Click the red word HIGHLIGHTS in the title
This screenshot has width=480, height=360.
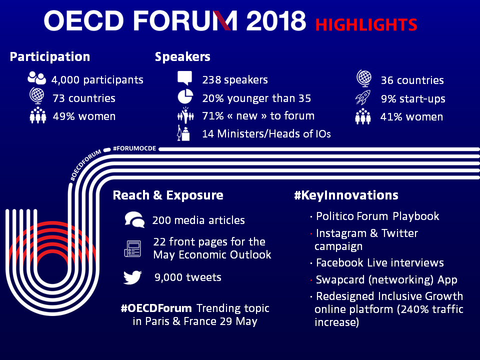366,25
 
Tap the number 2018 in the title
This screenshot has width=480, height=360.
276,21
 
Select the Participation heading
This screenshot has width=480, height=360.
50,57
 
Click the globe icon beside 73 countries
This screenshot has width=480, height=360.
37,95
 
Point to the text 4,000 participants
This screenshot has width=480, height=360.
97,80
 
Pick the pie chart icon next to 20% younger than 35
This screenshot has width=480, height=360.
185,96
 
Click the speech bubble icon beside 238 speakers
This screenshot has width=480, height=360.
185,78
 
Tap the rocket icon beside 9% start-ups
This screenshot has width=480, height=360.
363,97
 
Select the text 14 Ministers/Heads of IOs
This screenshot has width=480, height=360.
266,134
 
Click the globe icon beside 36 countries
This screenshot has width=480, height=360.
364,78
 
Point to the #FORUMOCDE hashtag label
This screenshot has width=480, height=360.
134,148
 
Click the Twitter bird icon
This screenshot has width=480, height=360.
132,277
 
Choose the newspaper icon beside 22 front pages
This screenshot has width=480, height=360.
132,248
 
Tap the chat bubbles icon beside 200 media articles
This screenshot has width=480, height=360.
134,219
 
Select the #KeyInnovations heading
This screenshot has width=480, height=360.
346,195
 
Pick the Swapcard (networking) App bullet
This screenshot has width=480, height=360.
384,280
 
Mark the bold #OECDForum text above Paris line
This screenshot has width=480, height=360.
156,308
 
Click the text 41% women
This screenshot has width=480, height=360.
411,117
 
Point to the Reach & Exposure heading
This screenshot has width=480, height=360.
168,195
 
